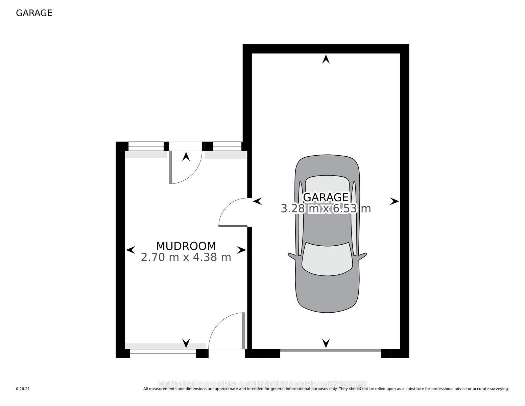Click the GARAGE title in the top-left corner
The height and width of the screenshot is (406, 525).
[34, 13]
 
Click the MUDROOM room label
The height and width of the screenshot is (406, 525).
[186, 246]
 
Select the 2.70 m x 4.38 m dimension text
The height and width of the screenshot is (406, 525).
[186, 257]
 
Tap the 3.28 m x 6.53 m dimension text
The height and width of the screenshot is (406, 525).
[326, 208]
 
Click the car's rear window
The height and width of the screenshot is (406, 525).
[327, 184]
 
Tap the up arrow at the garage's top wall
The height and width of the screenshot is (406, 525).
[326, 60]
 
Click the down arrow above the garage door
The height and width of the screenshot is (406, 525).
[326, 343]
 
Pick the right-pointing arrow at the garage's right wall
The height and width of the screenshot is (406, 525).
[394, 201]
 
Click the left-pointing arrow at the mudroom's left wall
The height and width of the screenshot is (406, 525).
[130, 250]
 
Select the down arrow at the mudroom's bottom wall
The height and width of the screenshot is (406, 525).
[186, 343]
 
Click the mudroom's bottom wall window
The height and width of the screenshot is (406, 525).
[163, 354]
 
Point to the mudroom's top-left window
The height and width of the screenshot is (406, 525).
[146, 146]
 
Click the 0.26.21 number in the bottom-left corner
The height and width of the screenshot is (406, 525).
[23, 389]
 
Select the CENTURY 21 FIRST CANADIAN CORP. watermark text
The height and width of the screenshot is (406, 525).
[262, 384]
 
